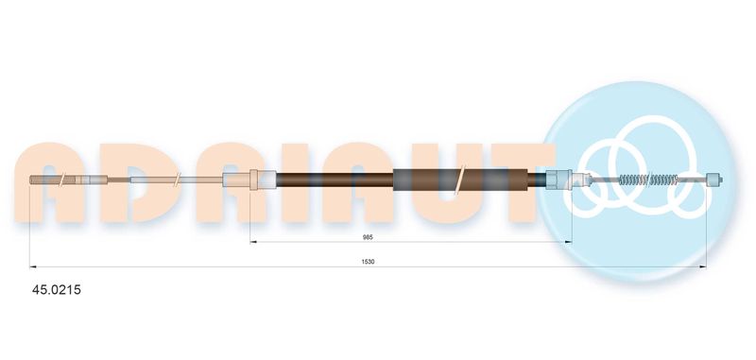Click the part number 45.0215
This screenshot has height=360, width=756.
(x=57, y=290)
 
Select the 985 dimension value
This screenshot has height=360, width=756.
(x=368, y=236)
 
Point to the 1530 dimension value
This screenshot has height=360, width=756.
(x=368, y=262)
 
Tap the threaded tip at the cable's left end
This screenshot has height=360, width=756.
(x=44, y=180)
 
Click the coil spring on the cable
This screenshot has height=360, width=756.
(x=648, y=180)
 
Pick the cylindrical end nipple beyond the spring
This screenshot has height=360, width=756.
(x=713, y=180)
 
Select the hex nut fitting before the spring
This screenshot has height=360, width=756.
(x=558, y=180)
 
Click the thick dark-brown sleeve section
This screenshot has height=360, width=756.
(x=461, y=180)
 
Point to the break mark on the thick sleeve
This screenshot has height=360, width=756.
(x=459, y=180)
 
